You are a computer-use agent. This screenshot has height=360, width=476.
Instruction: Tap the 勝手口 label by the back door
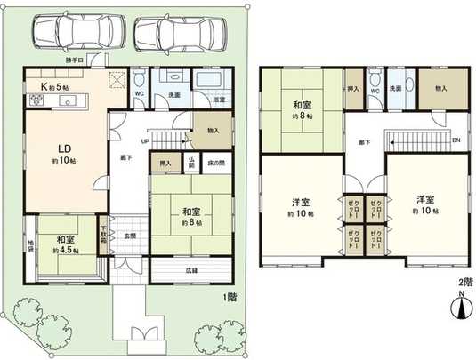click(76, 60)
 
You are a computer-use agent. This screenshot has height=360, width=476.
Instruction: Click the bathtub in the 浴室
click(212, 84)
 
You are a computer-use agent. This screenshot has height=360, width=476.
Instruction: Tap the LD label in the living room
click(66, 148)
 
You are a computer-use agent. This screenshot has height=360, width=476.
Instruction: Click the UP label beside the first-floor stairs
click(144, 140)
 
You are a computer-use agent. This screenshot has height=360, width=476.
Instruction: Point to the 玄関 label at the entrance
click(130, 236)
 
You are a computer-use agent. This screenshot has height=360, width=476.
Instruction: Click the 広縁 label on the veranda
click(193, 269)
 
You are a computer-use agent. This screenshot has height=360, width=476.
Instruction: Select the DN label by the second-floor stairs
click(456, 141)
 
